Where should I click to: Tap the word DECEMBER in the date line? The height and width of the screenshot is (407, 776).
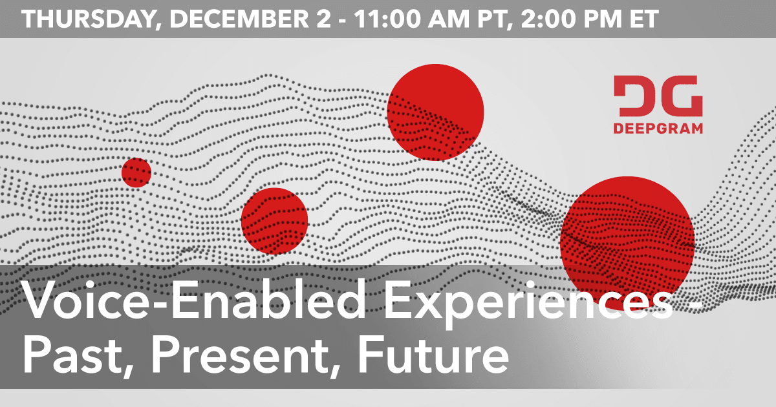click(239, 19)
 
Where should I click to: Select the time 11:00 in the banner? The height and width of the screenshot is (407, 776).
click(387, 19)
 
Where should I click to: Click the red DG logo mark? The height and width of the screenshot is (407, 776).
click(658, 96)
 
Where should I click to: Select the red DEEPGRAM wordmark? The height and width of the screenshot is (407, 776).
click(658, 129)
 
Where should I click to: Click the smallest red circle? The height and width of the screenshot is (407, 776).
click(136, 172)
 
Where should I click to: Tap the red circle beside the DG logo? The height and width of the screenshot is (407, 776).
click(435, 112)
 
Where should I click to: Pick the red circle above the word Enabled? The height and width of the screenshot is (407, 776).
click(274, 221)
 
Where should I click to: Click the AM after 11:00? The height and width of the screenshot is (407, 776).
click(449, 19)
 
